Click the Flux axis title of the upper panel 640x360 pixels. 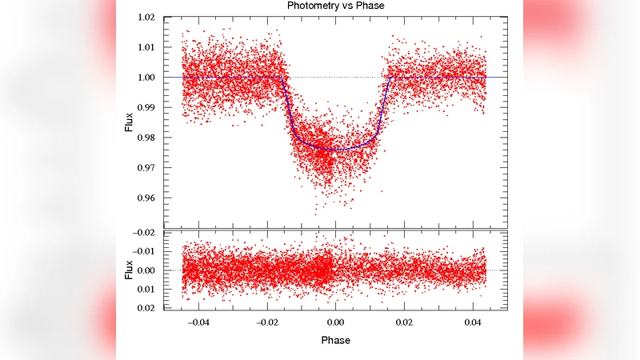point(130,122)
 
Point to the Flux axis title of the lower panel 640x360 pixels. point(130,270)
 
